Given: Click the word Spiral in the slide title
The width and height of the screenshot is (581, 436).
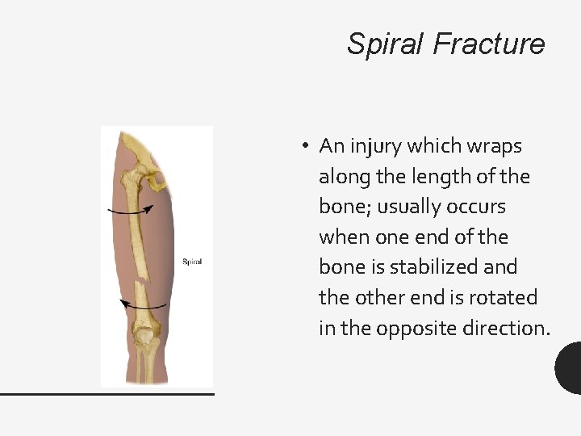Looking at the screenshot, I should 387,44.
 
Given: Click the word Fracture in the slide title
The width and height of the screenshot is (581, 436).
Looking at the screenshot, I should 489,44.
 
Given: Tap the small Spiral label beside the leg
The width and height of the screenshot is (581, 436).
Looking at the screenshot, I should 192,262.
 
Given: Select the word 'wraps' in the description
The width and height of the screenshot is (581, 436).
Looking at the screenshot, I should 496,146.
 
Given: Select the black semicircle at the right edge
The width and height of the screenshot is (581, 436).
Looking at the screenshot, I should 570,367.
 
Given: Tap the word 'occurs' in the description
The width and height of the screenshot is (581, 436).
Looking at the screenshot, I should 476,207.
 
